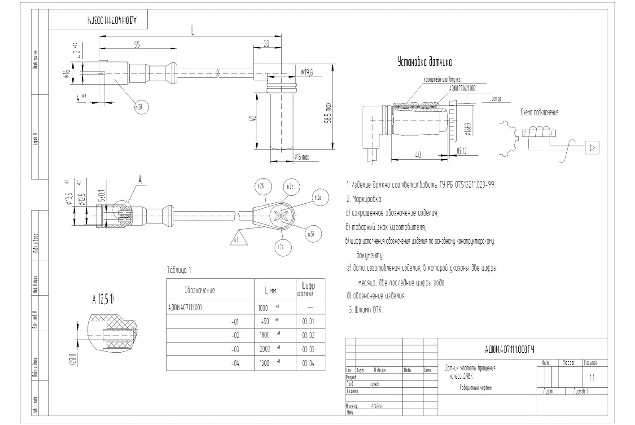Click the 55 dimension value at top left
click(137, 44)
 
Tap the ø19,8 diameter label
click(307, 72)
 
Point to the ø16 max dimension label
click(302, 157)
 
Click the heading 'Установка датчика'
click(425, 62)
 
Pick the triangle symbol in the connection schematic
click(592, 147)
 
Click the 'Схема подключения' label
click(539, 112)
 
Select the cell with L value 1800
click(265, 335)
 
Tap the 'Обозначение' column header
click(199, 290)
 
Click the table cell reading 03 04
click(308, 363)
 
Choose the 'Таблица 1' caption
click(179, 270)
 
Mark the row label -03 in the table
click(235, 350)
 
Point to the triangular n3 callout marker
click(236, 238)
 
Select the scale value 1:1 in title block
click(592, 377)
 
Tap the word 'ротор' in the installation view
click(496, 99)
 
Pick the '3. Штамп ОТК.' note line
click(366, 310)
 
